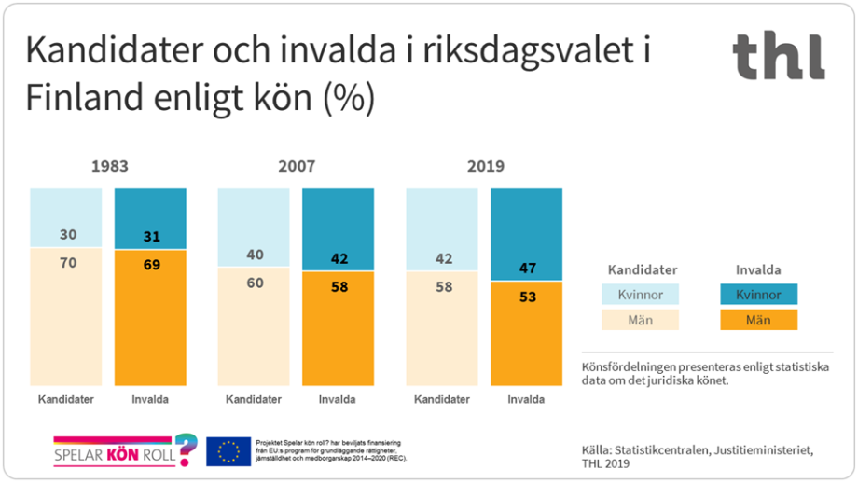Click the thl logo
coord(778,56)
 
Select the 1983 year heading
coord(109,167)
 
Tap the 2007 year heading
coord(297,167)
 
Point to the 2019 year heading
coord(484,167)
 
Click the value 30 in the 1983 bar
coord(67,236)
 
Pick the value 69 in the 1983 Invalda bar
coord(150,265)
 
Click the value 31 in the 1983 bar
coord(150,237)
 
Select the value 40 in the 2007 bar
coord(255,255)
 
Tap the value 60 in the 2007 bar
coord(255,283)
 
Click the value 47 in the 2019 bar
coord(526,268)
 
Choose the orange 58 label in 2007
coord(339,286)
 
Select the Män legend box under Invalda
coord(757,320)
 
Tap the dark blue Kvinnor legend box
coord(757,295)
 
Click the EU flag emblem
coord(228,451)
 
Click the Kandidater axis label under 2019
coord(441,400)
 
